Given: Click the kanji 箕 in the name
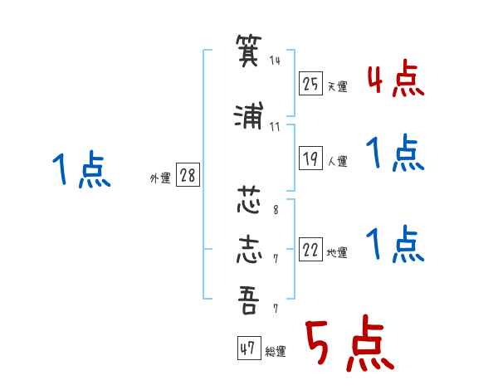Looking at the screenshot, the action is [x=249, y=50].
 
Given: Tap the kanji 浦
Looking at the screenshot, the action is [x=249, y=115].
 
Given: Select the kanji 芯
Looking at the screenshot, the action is [x=249, y=200].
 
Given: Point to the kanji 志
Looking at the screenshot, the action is [x=249, y=249].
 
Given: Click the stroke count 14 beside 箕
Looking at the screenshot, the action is [x=275, y=60].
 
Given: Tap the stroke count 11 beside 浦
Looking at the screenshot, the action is [x=275, y=127].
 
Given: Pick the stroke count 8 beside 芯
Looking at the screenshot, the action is [x=276, y=209].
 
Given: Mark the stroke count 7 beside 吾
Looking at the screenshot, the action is [x=276, y=309].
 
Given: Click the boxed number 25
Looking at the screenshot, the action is [x=310, y=84].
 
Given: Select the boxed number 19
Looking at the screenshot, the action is [x=310, y=158].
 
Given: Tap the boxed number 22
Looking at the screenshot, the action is [x=310, y=249].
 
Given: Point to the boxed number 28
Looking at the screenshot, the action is [x=188, y=175].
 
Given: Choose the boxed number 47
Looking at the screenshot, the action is [x=249, y=348].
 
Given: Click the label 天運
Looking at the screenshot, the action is [x=338, y=86].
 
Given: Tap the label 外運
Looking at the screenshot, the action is [x=160, y=178].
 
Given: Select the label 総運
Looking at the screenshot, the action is [x=276, y=352].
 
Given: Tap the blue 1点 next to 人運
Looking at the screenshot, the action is [x=395, y=153].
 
